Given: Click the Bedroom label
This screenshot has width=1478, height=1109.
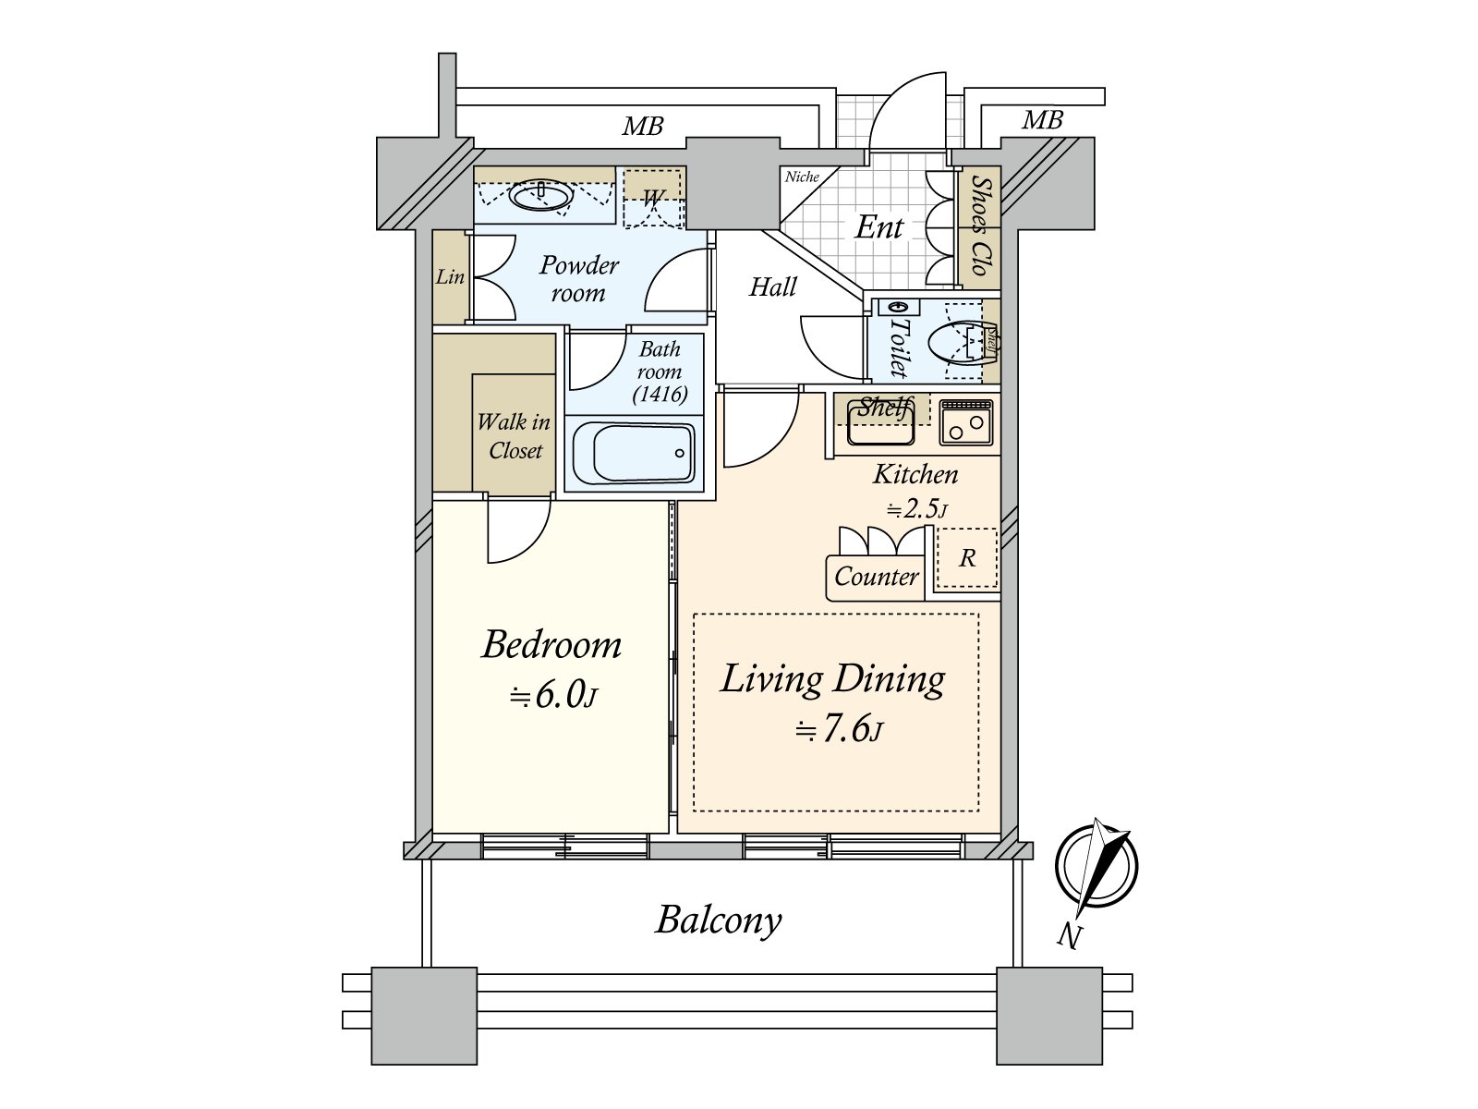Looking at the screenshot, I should [551, 645].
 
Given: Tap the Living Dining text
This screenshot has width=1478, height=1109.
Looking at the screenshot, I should [832, 679].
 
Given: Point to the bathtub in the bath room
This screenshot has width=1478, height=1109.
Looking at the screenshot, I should [633, 453].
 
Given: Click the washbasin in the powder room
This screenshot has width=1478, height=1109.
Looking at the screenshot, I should [541, 195].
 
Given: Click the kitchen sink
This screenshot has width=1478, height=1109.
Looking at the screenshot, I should [880, 424].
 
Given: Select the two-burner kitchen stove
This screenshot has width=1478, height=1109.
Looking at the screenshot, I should [966, 422].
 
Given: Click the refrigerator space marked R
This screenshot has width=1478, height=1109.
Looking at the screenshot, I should [967, 558].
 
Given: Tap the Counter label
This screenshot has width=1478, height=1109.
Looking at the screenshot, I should [876, 577].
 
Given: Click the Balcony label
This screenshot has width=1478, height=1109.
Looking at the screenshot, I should [719, 920].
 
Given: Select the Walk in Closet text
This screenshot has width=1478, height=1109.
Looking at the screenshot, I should [514, 436].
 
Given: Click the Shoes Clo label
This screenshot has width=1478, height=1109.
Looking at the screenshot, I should [980, 226].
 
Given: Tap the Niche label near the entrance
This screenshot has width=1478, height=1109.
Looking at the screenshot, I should [802, 177].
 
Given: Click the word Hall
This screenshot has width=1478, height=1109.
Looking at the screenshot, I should [772, 287].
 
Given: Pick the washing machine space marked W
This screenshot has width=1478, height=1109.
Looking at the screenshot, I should [653, 198].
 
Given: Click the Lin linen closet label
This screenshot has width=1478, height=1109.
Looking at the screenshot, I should [450, 276].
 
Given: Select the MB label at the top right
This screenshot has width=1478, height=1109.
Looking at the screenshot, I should [1042, 120].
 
